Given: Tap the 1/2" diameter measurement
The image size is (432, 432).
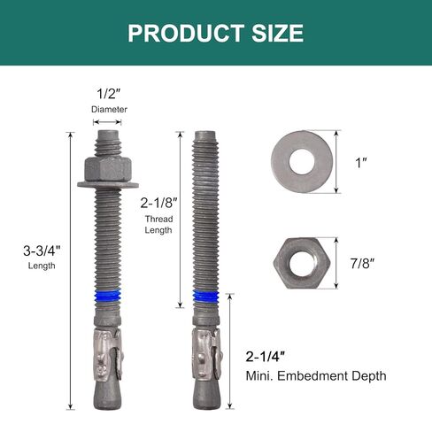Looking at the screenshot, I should [109, 94].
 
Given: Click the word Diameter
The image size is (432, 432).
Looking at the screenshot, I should [109, 110].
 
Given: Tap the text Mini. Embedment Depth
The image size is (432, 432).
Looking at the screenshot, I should [316, 376].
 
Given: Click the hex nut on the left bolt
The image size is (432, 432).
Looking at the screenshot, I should [108, 167].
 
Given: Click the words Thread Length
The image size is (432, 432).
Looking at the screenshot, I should [159, 223].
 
